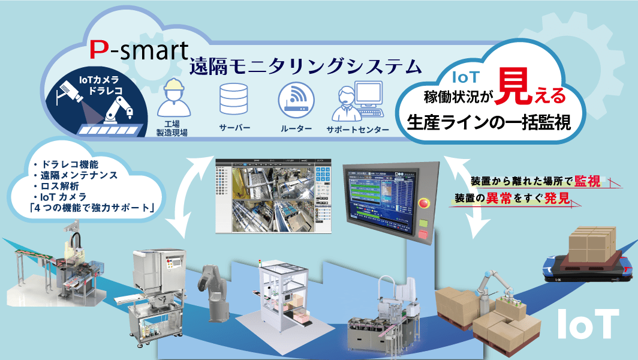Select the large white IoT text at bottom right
(x=587, y=324)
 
